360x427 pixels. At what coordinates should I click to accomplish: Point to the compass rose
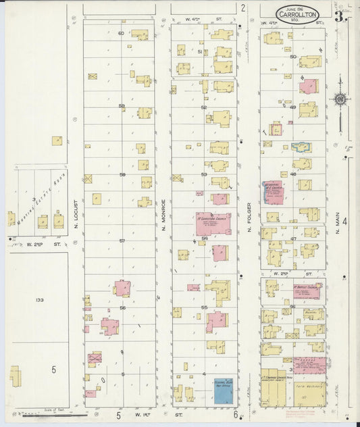(x=340, y=100)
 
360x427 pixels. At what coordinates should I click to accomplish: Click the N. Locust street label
(x=77, y=199)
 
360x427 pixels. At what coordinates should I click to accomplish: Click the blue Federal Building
(x=224, y=391)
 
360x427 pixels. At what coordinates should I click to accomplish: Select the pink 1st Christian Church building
(x=213, y=222)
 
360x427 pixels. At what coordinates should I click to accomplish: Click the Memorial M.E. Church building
(x=273, y=192)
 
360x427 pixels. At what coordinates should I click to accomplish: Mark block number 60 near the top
(x=121, y=33)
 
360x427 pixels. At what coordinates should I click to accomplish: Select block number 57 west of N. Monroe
(x=122, y=241)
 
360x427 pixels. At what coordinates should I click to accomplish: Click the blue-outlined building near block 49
(x=301, y=147)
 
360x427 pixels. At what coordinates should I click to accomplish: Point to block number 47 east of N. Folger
(x=293, y=238)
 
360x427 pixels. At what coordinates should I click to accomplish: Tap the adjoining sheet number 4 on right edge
(x=344, y=221)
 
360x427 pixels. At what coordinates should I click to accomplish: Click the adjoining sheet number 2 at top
(x=242, y=7)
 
